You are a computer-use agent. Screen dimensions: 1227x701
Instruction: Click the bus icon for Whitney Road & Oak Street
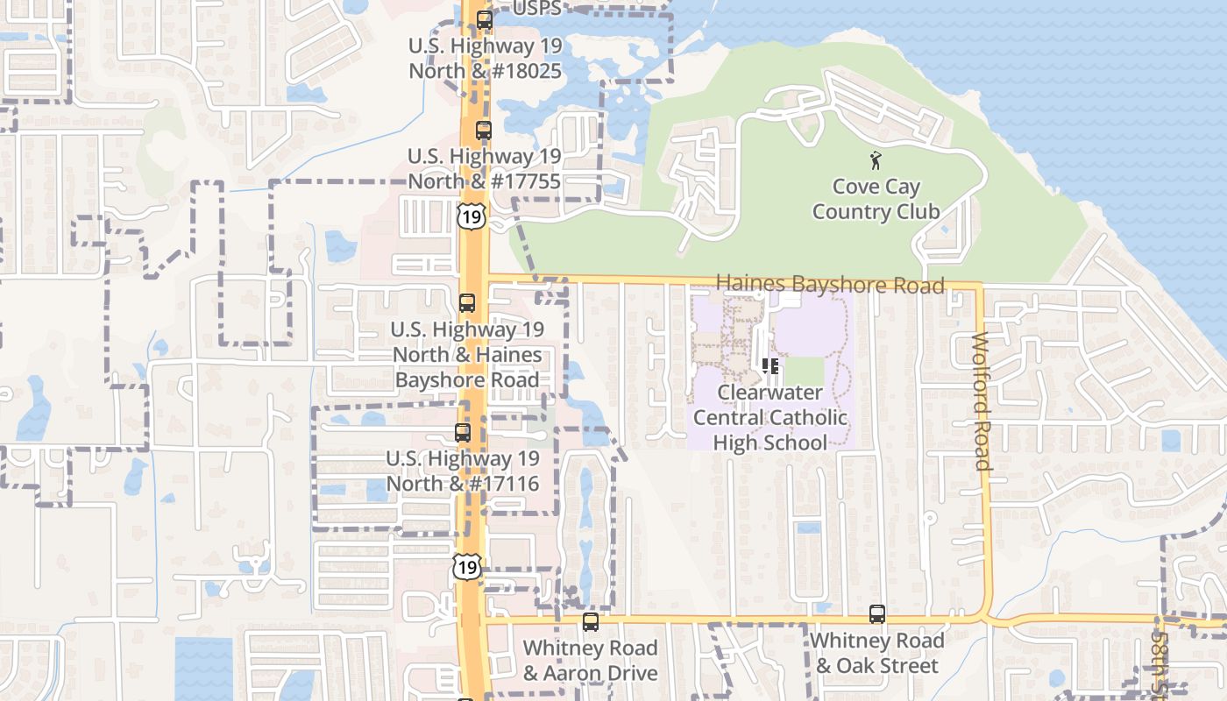click(x=877, y=614)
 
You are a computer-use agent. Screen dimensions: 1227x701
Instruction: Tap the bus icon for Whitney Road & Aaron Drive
click(x=591, y=622)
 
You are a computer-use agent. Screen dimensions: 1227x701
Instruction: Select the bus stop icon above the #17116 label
click(x=463, y=432)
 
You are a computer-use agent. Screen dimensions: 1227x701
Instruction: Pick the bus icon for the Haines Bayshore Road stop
click(x=467, y=303)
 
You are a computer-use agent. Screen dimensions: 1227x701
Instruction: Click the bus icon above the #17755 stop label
click(x=484, y=131)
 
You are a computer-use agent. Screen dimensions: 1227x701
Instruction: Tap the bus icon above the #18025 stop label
click(x=485, y=19)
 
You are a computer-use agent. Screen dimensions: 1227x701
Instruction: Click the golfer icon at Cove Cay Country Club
click(x=875, y=160)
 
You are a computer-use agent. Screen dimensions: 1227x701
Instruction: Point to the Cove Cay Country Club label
click(x=876, y=199)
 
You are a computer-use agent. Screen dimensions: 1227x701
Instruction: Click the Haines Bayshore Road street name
click(x=830, y=284)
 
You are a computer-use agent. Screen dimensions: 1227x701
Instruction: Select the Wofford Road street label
click(x=982, y=401)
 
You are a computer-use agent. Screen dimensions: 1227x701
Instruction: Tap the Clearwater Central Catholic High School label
click(x=770, y=417)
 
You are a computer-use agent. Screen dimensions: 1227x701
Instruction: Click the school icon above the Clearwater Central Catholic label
click(x=770, y=365)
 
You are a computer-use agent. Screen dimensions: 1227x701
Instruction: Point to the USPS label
click(x=536, y=8)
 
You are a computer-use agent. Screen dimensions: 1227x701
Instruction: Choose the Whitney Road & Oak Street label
click(x=876, y=653)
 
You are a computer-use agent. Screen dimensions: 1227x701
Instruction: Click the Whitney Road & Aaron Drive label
click(x=590, y=661)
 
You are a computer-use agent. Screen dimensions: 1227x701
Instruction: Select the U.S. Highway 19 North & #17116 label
click(x=463, y=471)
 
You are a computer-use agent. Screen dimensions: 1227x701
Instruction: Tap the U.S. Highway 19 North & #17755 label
click(x=484, y=168)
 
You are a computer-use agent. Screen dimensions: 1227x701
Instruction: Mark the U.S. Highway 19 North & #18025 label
click(x=485, y=58)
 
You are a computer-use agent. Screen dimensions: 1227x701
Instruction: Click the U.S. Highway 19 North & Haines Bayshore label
click(x=467, y=355)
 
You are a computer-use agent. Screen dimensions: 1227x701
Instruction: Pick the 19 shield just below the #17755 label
click(x=472, y=216)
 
